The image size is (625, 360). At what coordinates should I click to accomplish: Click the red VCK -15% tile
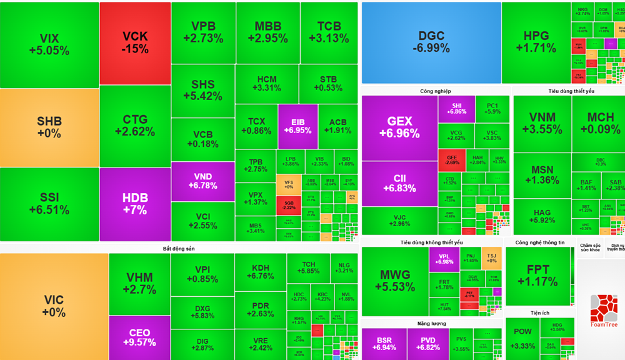pyautogui.click(x=135, y=42)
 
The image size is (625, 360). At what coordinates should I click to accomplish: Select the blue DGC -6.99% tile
pyautogui.click(x=431, y=42)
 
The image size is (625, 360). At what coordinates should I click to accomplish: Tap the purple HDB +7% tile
pyautogui.click(x=135, y=204)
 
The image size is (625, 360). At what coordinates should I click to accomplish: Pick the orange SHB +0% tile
pyautogui.click(x=49, y=127)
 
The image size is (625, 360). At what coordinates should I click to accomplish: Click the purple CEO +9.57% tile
pyautogui.click(x=139, y=337)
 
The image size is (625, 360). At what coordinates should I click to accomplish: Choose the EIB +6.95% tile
pyautogui.click(x=297, y=125)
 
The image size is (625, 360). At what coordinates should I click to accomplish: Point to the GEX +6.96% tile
pyautogui.click(x=399, y=127)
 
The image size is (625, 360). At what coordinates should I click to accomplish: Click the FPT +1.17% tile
pyautogui.click(x=537, y=276)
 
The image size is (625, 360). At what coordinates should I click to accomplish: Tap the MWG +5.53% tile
pyautogui.click(x=395, y=281)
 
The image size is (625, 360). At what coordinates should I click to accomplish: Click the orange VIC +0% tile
pyautogui.click(x=54, y=306)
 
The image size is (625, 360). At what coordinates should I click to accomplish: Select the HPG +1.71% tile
pyautogui.click(x=539, y=42)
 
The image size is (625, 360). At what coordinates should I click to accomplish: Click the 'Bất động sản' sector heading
pyautogui.click(x=179, y=249)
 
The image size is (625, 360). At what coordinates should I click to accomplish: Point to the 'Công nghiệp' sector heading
pyautogui.click(x=436, y=91)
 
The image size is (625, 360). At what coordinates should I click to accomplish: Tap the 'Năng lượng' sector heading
pyautogui.click(x=432, y=323)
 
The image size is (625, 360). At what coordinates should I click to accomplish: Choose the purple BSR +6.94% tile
pyautogui.click(x=384, y=343)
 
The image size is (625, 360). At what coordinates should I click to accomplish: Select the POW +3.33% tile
pyautogui.click(x=522, y=341)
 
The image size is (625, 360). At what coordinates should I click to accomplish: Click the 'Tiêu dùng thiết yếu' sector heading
pyautogui.click(x=571, y=91)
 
